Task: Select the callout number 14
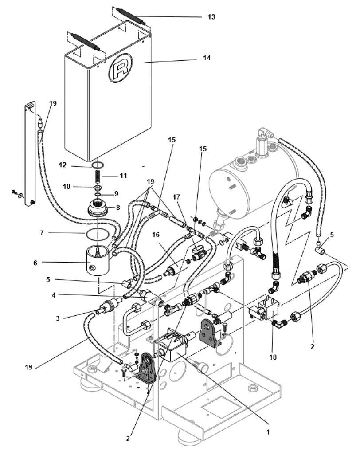207,58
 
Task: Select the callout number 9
117,193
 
